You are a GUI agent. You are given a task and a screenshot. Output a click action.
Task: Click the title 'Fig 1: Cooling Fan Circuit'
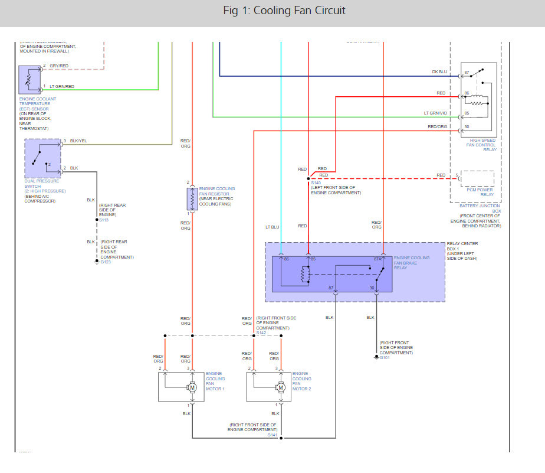(284, 11)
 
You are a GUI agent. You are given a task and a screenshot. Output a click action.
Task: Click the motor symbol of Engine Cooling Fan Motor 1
(192, 387)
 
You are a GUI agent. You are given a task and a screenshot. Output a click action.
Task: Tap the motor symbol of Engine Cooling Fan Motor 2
(280, 387)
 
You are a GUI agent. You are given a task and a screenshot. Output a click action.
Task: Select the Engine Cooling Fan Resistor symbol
(191, 200)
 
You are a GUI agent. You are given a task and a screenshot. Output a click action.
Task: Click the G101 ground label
(385, 357)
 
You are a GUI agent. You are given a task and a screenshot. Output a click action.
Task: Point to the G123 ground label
(105, 262)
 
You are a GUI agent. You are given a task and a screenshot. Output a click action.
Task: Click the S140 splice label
(315, 183)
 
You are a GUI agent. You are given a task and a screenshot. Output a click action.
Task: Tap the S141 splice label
(272, 435)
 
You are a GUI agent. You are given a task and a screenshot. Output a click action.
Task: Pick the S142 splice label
(261, 333)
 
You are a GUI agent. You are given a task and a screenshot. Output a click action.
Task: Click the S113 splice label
(104, 220)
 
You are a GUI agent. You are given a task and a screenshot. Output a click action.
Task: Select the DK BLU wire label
(439, 72)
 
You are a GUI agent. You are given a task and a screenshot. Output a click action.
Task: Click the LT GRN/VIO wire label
(436, 113)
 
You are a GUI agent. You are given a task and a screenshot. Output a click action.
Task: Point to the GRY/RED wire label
(59, 66)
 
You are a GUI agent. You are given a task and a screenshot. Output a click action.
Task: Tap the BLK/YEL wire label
(78, 141)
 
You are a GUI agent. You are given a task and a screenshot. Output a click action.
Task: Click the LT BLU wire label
(272, 226)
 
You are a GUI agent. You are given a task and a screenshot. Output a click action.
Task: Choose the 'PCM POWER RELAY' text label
(480, 192)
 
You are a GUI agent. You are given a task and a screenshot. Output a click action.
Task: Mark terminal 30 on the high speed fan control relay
(467, 126)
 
